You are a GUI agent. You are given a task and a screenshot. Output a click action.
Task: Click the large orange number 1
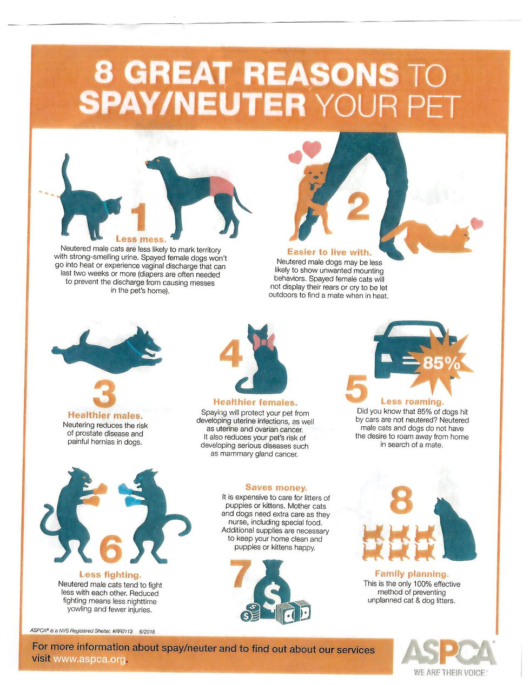138,217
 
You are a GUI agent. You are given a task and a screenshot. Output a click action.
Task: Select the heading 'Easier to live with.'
329,252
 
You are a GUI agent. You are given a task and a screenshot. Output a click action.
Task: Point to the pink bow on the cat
264,341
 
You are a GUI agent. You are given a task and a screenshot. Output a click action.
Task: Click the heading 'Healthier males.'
105,415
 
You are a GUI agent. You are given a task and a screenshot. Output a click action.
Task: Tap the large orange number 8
401,499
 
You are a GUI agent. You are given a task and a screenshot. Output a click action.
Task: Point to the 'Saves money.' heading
276,487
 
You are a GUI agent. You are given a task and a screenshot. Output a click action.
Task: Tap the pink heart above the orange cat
476,223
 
